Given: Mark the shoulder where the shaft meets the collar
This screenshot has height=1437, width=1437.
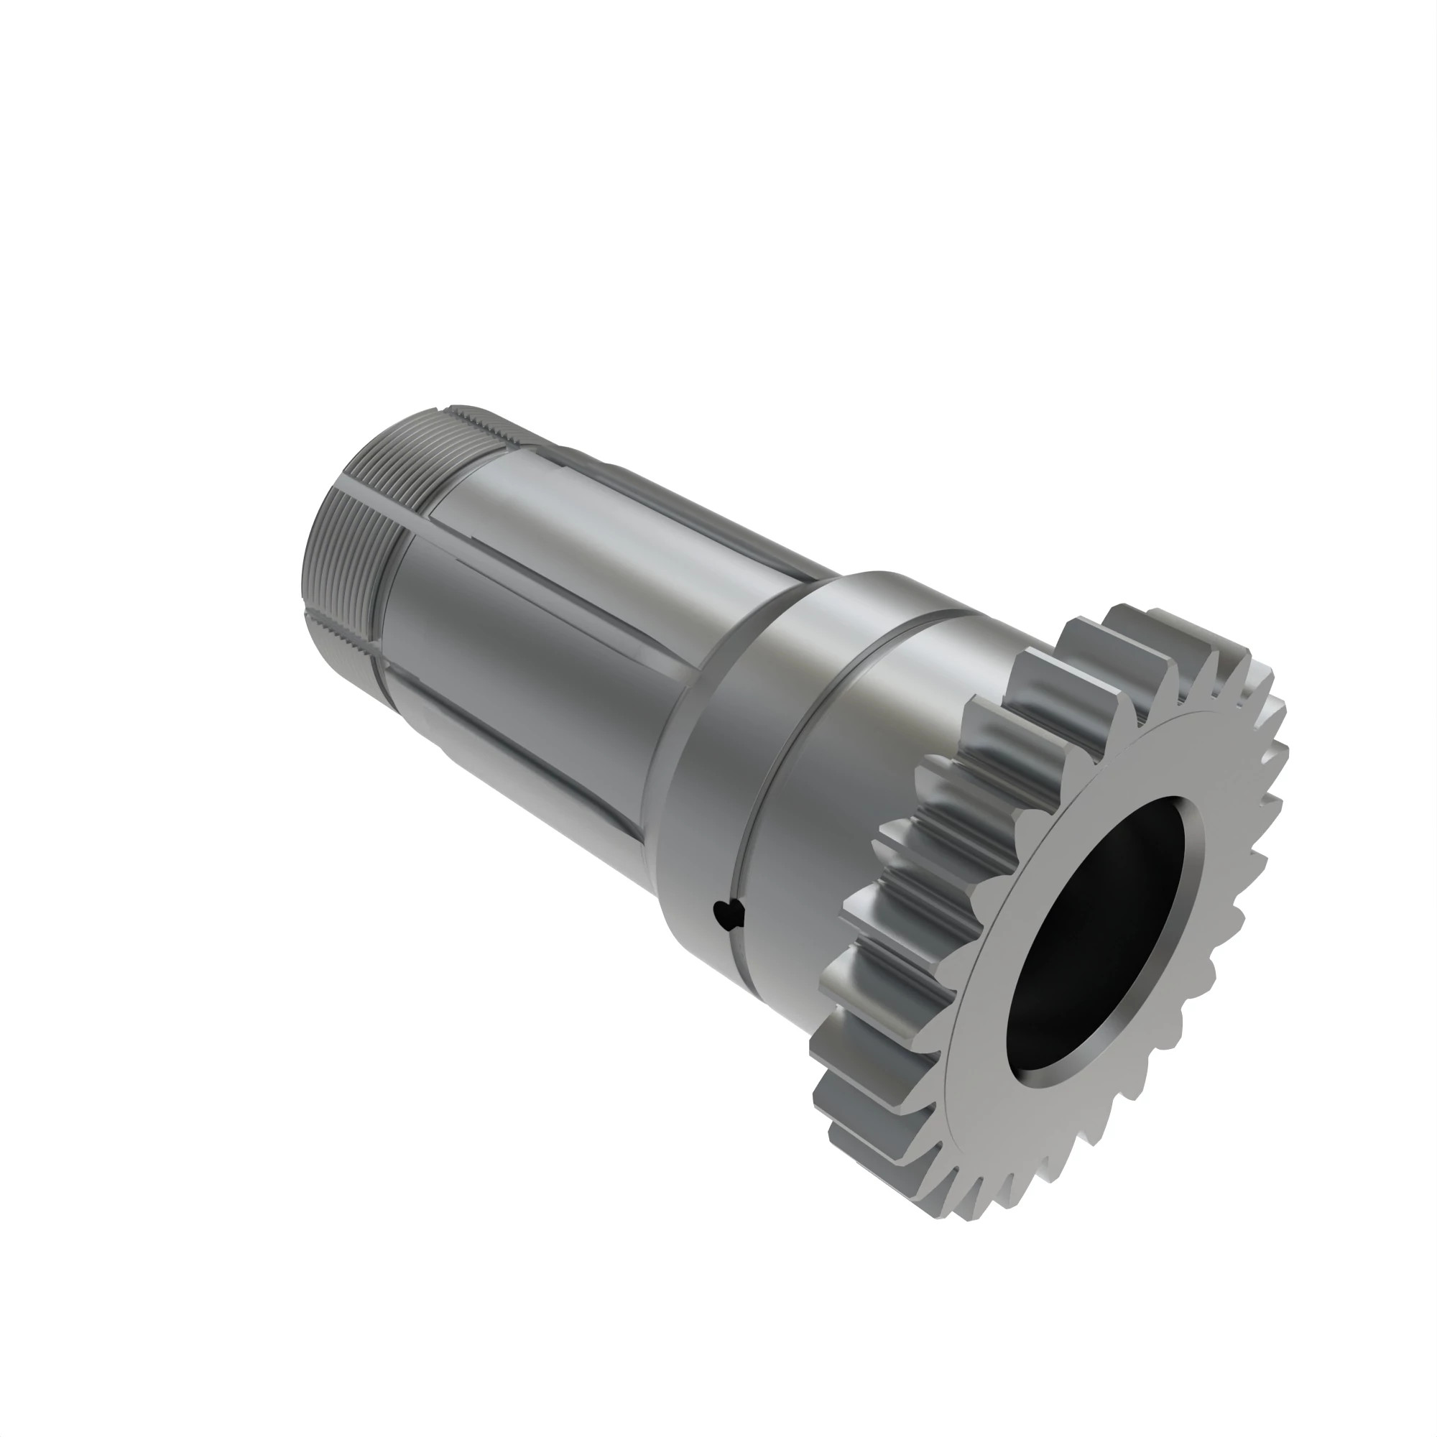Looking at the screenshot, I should click(x=684, y=706).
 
